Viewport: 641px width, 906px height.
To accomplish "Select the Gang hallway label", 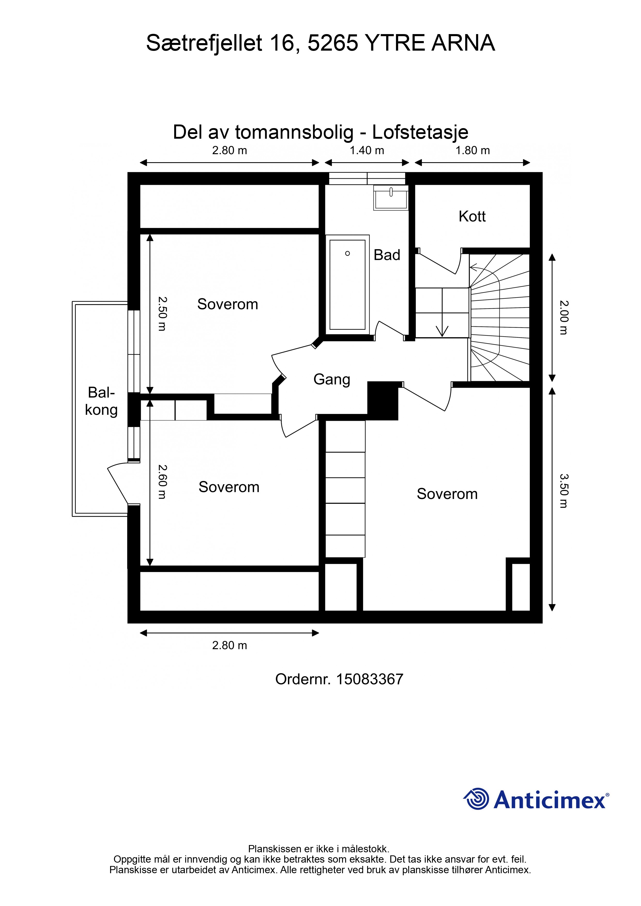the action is click(x=332, y=380).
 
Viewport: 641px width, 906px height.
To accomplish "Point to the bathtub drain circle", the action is click(x=348, y=253).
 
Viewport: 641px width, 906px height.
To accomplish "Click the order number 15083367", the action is click(x=370, y=679).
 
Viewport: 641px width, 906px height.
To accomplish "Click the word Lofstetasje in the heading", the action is click(x=420, y=132).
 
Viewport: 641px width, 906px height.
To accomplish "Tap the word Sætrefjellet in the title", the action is click(x=204, y=43).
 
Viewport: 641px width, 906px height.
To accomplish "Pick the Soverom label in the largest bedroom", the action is click(x=447, y=494).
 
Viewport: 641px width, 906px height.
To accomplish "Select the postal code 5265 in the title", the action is click(x=333, y=43).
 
